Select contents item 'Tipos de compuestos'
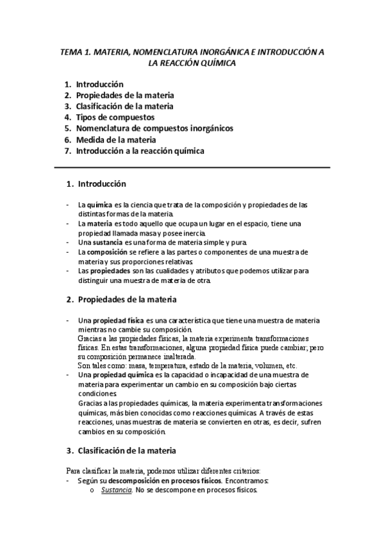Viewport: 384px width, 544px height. tap(115, 117)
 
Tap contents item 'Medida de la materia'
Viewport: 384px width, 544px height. tap(115, 139)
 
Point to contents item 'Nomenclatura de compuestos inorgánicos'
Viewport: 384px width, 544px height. tap(154, 128)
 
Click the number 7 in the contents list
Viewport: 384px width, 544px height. tap(67, 151)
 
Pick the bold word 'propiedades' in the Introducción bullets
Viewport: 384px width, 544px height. tap(110, 271)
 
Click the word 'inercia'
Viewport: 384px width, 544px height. tap(194, 232)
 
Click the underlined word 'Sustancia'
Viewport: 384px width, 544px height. tap(117, 490)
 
